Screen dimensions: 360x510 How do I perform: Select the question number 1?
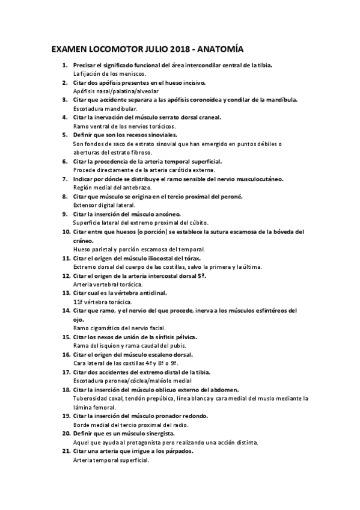point(66,64)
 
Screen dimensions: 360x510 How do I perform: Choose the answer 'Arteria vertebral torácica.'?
point(108,284)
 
